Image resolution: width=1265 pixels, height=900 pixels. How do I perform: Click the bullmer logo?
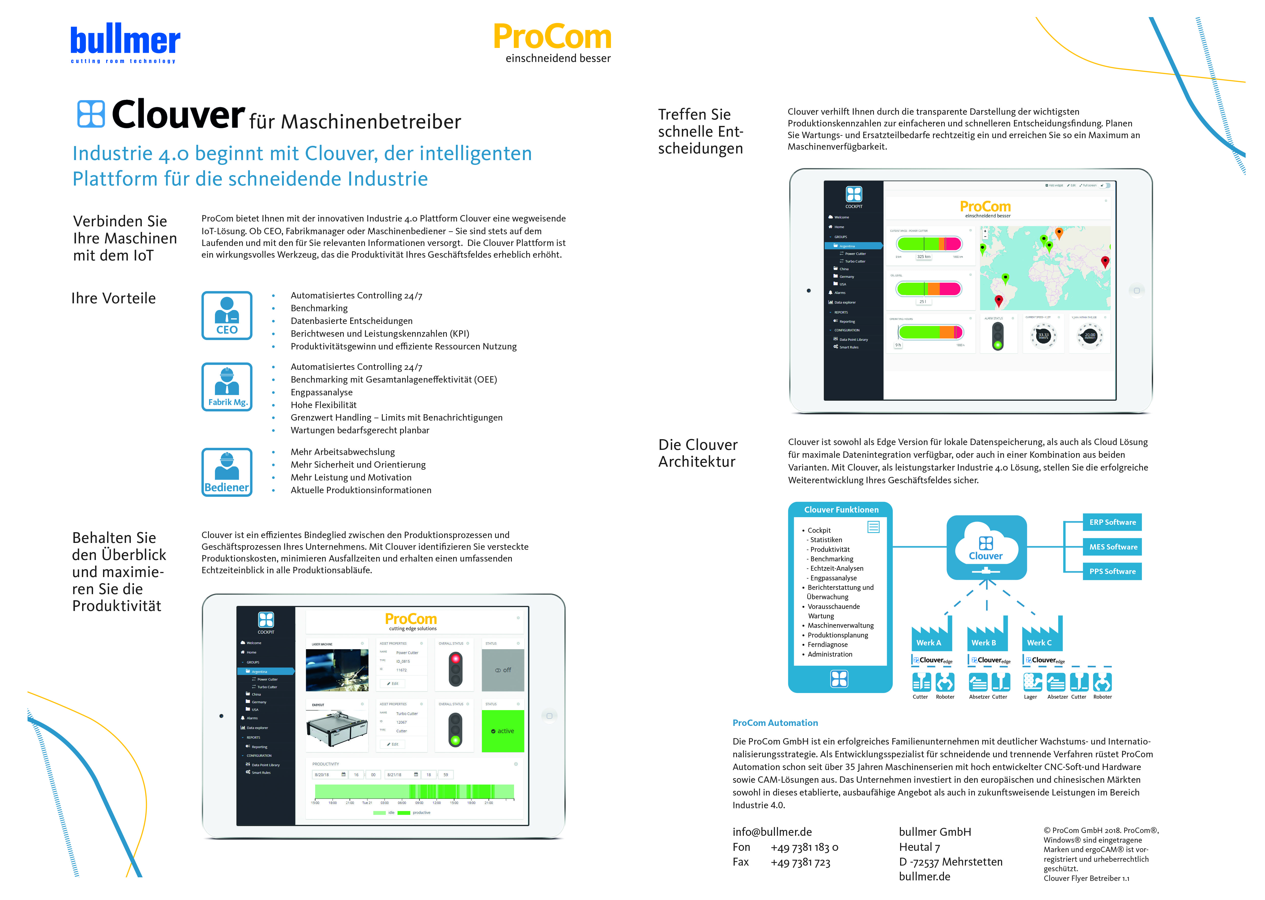pyautogui.click(x=125, y=43)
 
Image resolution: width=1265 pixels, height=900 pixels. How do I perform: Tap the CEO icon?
pyautogui.click(x=227, y=315)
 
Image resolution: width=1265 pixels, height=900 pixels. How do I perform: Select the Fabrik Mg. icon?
pyautogui.click(x=227, y=387)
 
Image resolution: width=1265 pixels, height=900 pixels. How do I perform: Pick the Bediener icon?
pyautogui.click(x=227, y=472)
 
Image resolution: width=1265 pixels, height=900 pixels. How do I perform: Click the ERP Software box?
pyautogui.click(x=1112, y=522)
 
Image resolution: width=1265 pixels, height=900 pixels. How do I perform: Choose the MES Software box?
pyautogui.click(x=1112, y=547)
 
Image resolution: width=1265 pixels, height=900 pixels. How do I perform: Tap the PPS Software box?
pyautogui.click(x=1112, y=571)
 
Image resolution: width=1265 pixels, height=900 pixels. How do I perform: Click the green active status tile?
pyautogui.click(x=503, y=731)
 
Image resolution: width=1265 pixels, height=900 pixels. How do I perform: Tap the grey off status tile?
pyautogui.click(x=503, y=670)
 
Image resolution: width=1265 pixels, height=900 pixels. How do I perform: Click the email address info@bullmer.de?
pyautogui.click(x=772, y=832)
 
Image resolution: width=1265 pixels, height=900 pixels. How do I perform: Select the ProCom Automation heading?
pyautogui.click(x=775, y=723)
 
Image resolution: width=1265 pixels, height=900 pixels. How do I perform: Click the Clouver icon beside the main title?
pyautogui.click(x=91, y=114)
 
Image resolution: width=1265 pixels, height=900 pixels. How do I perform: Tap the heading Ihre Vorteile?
pyautogui.click(x=114, y=298)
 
